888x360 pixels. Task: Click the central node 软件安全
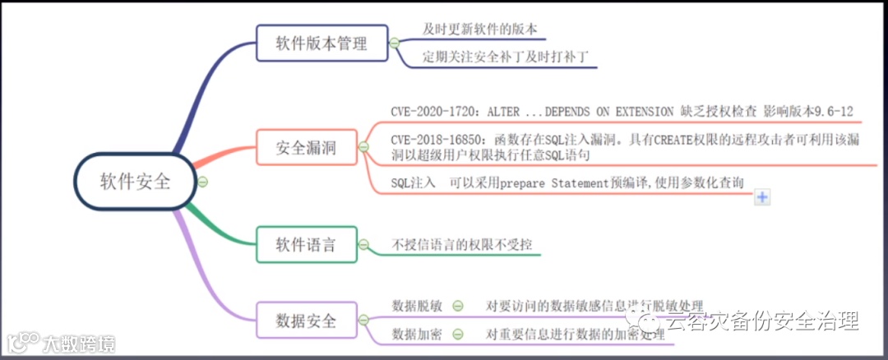[136, 182]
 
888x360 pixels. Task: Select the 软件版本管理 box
[321, 42]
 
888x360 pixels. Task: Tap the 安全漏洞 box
[306, 149]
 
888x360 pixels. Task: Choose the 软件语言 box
[306, 244]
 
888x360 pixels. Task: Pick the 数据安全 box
[306, 321]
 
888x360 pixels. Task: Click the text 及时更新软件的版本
[480, 29]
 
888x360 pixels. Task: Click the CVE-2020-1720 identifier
[436, 111]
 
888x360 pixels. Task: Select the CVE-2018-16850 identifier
[439, 140]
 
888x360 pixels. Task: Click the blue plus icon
[762, 196]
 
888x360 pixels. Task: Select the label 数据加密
[418, 335]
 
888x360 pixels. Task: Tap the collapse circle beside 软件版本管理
[395, 43]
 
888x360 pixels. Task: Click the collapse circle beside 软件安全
[202, 182]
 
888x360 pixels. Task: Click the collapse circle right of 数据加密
[458, 335]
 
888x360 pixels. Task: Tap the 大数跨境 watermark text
[79, 343]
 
